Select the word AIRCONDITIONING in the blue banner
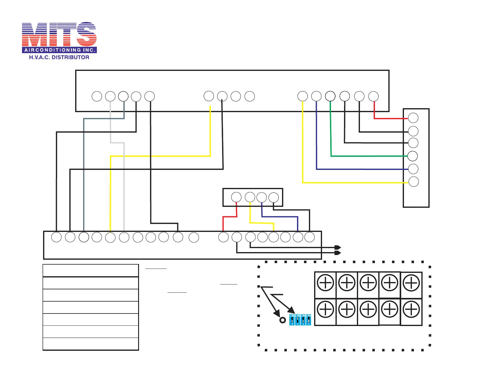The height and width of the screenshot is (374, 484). [53, 50]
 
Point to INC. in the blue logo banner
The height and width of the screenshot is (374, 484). [89, 50]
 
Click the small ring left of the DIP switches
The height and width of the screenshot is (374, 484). [283, 320]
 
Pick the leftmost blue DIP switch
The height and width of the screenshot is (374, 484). [292, 320]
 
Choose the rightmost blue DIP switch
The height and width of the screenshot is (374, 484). [309, 320]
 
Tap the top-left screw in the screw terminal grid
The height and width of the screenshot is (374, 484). [325, 283]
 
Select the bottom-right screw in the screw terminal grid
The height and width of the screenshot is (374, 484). [411, 310]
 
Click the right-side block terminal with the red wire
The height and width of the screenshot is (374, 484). [413, 118]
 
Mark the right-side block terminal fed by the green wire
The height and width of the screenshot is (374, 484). [413, 156]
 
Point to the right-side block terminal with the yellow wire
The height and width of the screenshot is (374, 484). [413, 182]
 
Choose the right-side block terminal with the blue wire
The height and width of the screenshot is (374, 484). [413, 169]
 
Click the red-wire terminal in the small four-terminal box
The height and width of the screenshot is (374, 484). [236, 197]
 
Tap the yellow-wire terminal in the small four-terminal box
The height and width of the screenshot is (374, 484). [250, 197]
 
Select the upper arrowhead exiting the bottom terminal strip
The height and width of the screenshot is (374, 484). [338, 247]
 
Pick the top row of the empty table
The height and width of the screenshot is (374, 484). [91, 271]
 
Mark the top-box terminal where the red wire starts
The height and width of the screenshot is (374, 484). [373, 97]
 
